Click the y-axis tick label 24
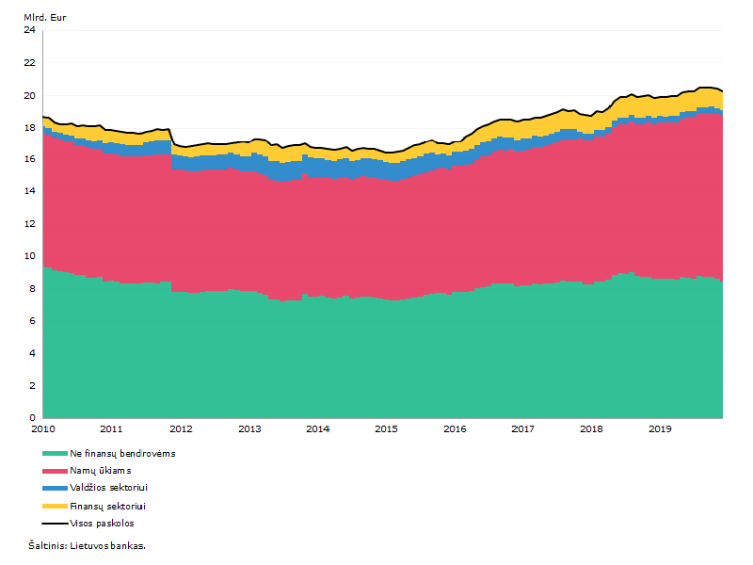[x=30, y=30]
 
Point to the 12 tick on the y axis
[x=30, y=224]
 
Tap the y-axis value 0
[x=33, y=418]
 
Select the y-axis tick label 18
[x=30, y=128]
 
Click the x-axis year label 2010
[x=43, y=429]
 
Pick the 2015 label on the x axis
[x=386, y=429]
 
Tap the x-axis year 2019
[x=661, y=429]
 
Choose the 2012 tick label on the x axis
[x=181, y=429]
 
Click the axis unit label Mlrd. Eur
[x=44, y=18]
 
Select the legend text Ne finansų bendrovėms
[x=122, y=454]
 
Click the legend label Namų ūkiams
[x=101, y=471]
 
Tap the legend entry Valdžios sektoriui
[x=108, y=488]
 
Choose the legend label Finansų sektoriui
[x=107, y=507]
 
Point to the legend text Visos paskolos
[x=102, y=524]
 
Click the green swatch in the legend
[x=55, y=454]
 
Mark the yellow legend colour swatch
[x=55, y=507]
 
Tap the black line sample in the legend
[x=55, y=524]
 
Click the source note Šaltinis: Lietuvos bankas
[x=87, y=546]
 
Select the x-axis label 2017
[x=523, y=429]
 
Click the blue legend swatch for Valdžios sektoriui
[x=55, y=488]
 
